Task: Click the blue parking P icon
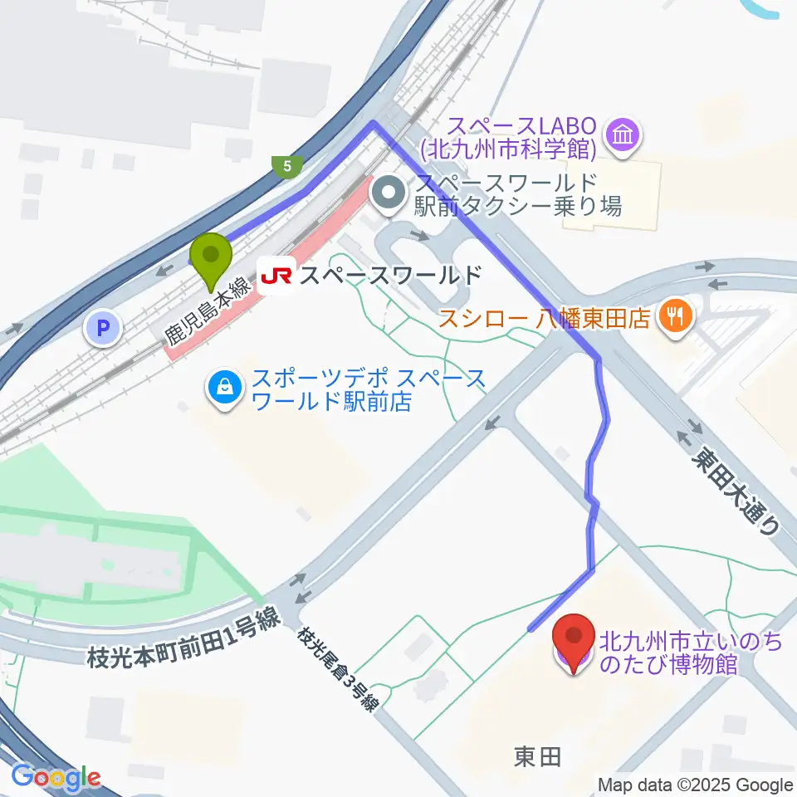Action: point(103,330)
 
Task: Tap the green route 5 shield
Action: point(287,166)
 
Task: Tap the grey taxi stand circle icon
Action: point(389,193)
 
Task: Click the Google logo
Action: point(56,777)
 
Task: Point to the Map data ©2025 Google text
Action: point(696,785)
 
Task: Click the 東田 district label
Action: point(537,756)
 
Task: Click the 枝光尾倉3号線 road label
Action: point(341,669)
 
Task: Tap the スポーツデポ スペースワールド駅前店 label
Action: point(369,391)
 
